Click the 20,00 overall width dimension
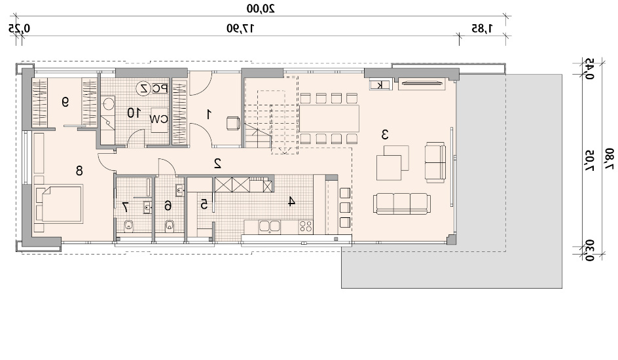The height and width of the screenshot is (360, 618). [x=261, y=9]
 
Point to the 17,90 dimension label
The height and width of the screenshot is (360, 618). [x=240, y=28]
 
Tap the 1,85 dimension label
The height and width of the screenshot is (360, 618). [x=482, y=28]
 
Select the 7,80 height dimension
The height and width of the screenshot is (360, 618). [x=609, y=159]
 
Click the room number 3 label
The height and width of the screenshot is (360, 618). [x=385, y=135]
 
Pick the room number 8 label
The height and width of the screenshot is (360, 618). [x=79, y=171]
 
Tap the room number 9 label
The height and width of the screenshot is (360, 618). [x=65, y=102]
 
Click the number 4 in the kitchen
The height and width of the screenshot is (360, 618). [x=291, y=202]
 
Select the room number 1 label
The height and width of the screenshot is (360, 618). [x=209, y=115]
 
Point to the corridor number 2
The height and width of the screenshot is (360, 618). [x=217, y=164]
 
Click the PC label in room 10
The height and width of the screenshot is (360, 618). [x=160, y=88]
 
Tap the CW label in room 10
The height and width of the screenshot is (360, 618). [x=159, y=119]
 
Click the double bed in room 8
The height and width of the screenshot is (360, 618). [x=59, y=205]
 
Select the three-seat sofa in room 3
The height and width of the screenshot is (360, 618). [x=401, y=204]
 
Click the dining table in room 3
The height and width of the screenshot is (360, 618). [x=329, y=118]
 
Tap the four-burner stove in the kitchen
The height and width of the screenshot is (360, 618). [x=306, y=226]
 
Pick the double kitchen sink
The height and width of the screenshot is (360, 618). [x=269, y=226]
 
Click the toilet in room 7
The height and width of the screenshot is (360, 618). [x=129, y=226]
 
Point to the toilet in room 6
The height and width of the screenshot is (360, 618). [x=170, y=226]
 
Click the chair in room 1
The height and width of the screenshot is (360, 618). [x=233, y=123]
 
